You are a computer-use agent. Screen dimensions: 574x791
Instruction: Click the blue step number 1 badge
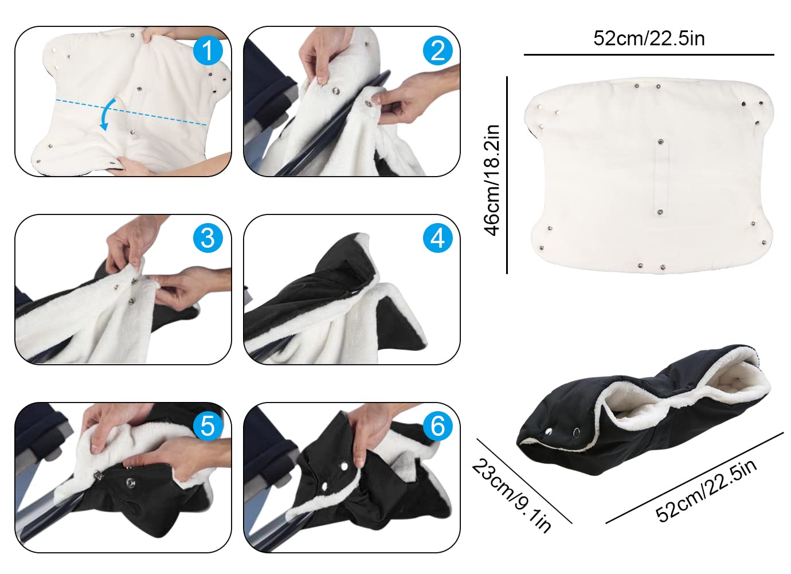(207, 50)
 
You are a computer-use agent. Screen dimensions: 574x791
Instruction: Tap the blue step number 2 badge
(437, 50)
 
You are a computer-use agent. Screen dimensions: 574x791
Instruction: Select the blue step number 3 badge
(207, 237)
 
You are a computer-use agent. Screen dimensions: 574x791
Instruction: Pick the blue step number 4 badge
(437, 237)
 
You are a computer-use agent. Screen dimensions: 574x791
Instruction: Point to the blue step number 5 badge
(207, 425)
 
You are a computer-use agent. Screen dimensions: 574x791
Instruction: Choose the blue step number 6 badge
(437, 425)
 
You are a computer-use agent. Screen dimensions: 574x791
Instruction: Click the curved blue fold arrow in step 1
(107, 114)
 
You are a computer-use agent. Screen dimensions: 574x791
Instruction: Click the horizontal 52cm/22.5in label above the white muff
(649, 38)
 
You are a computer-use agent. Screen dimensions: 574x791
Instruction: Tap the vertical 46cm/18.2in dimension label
(492, 179)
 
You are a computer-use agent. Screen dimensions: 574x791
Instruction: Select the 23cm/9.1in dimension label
(512, 495)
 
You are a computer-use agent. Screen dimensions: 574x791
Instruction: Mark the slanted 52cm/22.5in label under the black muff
(706, 490)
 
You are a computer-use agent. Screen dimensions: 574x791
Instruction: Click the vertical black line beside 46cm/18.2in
(507, 175)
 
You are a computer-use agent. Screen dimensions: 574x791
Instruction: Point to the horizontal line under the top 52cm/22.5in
(649, 55)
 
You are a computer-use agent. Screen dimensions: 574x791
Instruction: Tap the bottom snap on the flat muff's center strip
(659, 212)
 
